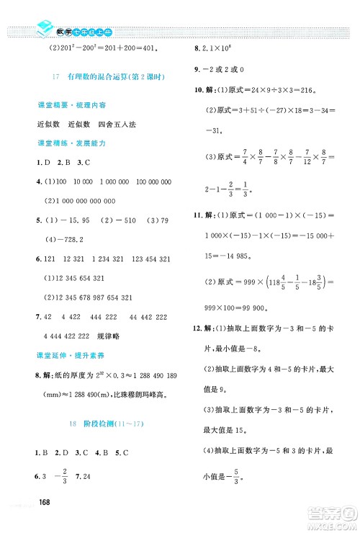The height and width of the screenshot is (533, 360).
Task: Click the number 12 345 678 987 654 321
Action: pos(91,297)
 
